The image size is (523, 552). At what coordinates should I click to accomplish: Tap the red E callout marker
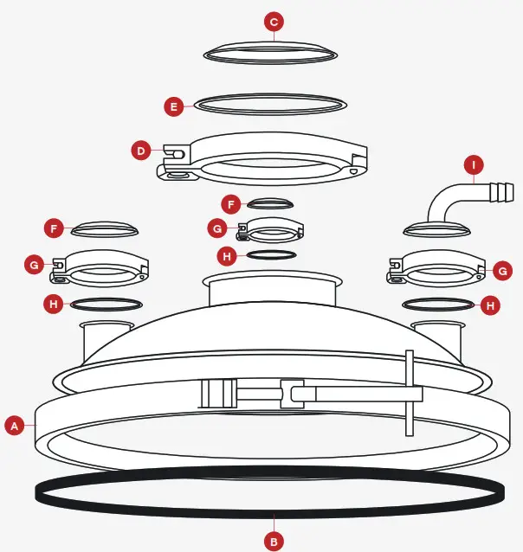click(x=174, y=106)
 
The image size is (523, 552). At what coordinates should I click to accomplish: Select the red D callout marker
click(x=141, y=151)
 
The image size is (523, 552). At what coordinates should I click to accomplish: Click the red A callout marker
click(x=13, y=425)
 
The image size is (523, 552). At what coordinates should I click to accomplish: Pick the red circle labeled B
click(x=274, y=542)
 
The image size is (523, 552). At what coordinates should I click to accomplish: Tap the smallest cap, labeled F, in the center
click(x=269, y=203)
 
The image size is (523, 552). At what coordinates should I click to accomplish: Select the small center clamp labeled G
click(x=269, y=231)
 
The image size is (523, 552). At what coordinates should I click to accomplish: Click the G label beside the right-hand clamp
click(x=502, y=271)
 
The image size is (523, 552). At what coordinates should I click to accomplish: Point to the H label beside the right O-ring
click(x=490, y=305)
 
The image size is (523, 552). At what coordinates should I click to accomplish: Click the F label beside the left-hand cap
click(x=55, y=228)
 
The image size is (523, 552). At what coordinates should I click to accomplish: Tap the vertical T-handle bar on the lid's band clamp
click(x=409, y=393)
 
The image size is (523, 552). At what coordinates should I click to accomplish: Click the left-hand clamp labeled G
click(x=99, y=268)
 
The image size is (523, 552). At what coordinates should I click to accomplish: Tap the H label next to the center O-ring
click(x=226, y=256)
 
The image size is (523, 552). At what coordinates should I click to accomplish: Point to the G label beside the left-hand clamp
click(x=34, y=264)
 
